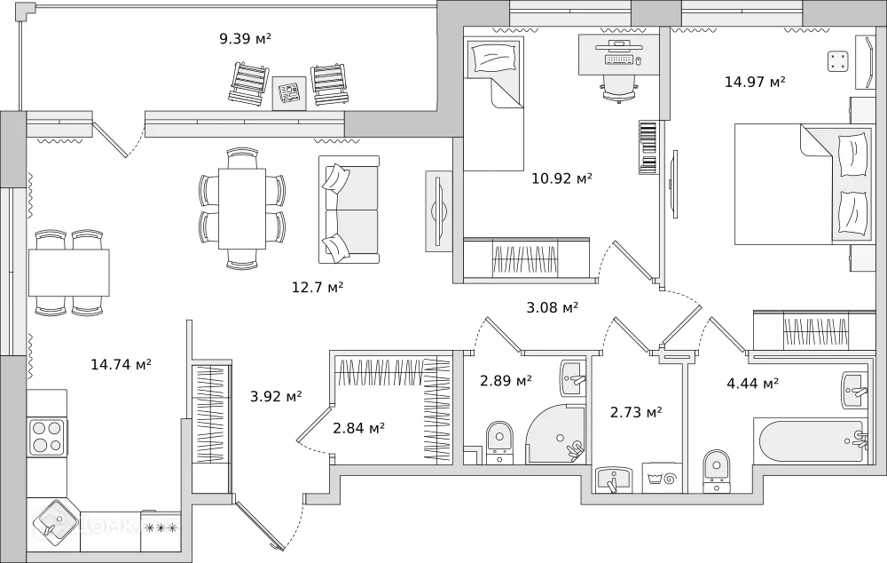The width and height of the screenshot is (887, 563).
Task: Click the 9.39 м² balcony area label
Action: coord(245,38)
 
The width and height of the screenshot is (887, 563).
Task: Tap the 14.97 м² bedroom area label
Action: coord(755,82)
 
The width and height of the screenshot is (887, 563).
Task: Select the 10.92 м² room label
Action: coord(561,178)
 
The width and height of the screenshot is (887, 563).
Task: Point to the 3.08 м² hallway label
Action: coord(552,307)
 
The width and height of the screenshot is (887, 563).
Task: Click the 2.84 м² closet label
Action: coord(358,428)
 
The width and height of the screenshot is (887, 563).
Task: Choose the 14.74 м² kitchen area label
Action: coord(121,363)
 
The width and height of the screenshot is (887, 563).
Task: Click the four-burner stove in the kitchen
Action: coord(47,436)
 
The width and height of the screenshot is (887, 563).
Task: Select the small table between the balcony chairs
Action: coord(289,92)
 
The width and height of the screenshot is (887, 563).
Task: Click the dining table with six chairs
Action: coord(242,209)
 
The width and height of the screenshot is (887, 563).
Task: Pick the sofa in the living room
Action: coord(349,210)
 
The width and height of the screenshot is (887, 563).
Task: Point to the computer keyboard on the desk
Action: coord(620,59)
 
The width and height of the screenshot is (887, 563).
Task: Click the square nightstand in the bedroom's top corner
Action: coord(837,60)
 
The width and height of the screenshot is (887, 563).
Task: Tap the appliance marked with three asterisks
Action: coord(161,528)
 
